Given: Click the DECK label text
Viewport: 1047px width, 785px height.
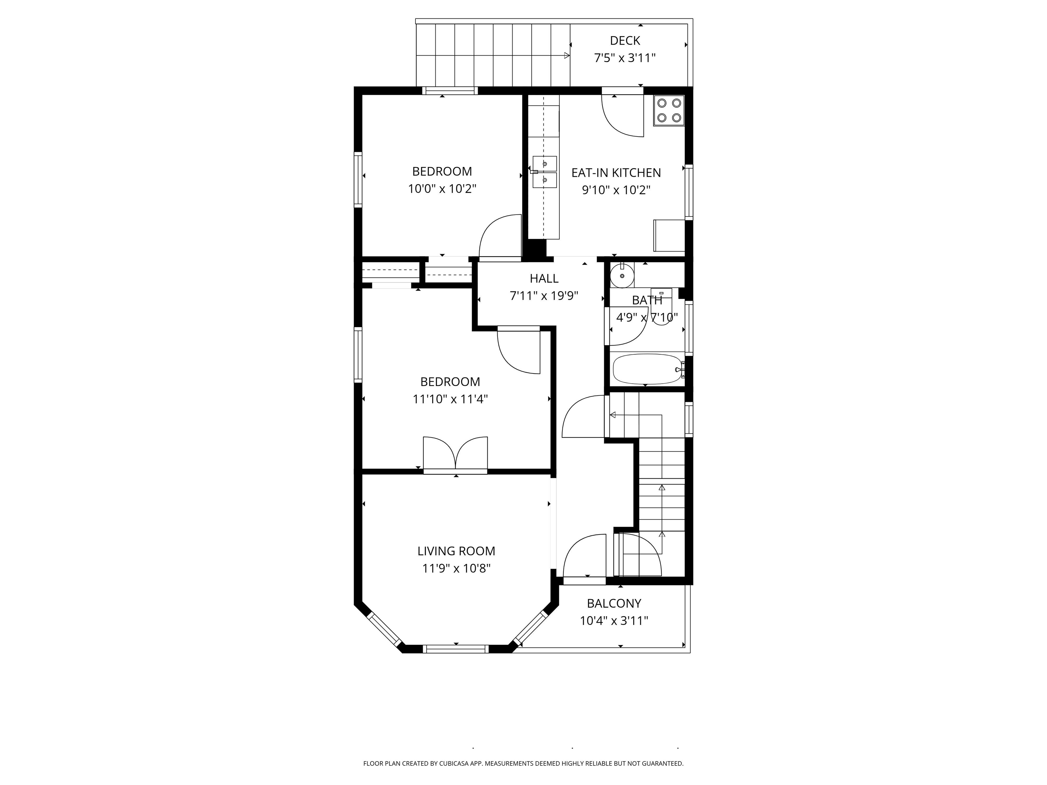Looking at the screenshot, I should click(625, 41).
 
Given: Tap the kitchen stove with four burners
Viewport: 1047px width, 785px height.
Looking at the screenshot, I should click(669, 110).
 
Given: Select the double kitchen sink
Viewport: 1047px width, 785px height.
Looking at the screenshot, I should click(544, 172).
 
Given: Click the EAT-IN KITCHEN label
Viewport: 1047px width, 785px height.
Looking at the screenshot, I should click(616, 173).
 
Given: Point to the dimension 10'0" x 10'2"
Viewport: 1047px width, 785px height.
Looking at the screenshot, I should click(442, 189).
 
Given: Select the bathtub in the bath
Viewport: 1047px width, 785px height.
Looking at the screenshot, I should click(647, 369).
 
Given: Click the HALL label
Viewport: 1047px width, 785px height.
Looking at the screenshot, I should click(544, 278).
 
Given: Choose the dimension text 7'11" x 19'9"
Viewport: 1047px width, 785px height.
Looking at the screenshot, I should click(544, 296).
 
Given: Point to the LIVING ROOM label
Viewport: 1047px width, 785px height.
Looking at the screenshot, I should click(456, 551).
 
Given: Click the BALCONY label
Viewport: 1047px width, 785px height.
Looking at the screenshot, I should click(614, 603).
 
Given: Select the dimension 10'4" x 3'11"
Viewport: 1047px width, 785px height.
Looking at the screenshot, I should click(614, 621).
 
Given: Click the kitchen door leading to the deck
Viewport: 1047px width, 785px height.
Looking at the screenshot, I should click(622, 116).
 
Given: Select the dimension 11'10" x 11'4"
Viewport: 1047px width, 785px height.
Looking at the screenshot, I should click(450, 399).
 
